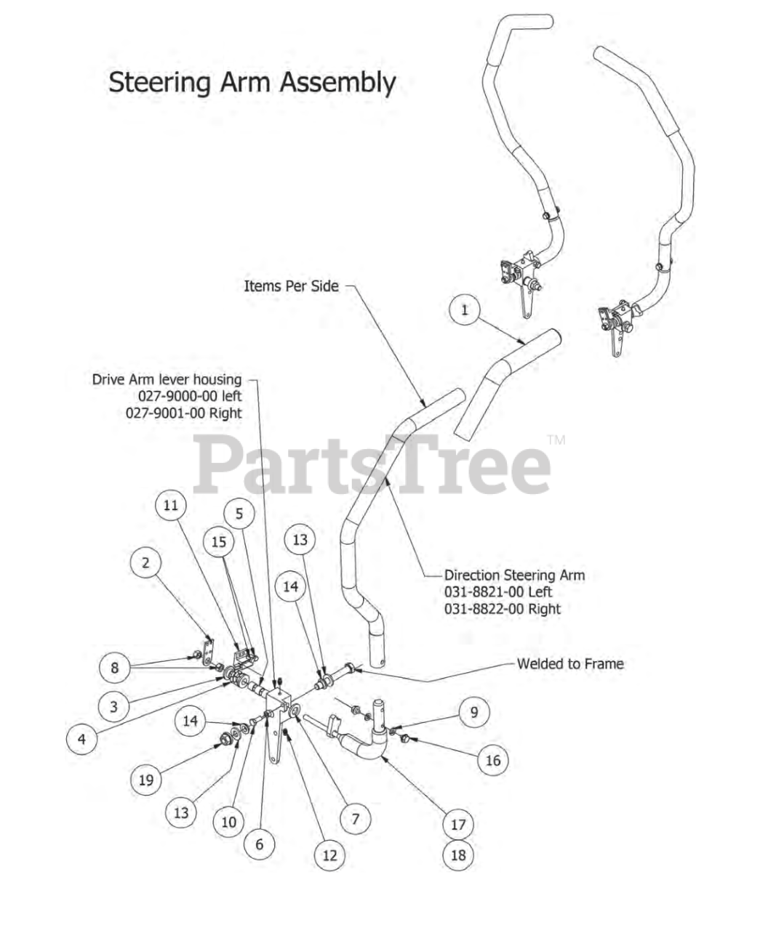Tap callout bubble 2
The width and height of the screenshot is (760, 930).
click(146, 562)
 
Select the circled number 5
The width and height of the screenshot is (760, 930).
click(239, 514)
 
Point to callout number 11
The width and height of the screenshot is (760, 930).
click(170, 505)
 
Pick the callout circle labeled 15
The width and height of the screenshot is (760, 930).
click(218, 541)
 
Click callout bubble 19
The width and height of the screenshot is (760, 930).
click(146, 780)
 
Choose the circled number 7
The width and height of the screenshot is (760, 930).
click(355, 819)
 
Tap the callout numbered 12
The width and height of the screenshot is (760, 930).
click(329, 855)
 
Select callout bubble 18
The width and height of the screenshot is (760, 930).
click(457, 854)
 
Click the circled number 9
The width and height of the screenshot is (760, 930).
click(474, 711)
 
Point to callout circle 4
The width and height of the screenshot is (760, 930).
click(81, 739)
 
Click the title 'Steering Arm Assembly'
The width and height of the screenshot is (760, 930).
click(252, 82)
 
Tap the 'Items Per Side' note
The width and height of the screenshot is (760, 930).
click(291, 286)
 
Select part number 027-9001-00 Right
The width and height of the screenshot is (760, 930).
click(184, 413)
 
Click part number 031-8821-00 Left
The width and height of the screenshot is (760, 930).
click(498, 591)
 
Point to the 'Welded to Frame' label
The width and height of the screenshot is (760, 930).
click(569, 663)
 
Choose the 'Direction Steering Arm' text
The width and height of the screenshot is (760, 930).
click(514, 575)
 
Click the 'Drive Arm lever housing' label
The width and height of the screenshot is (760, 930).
click(167, 379)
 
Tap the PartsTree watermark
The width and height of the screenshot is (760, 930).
click(371, 465)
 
